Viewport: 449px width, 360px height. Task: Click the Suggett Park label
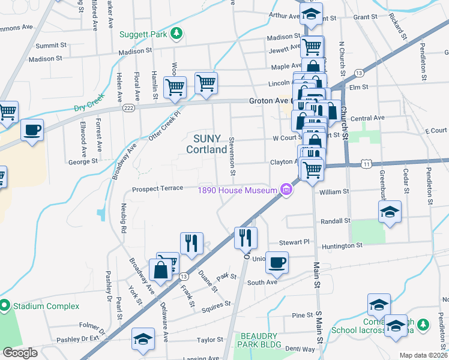(x=143, y=34)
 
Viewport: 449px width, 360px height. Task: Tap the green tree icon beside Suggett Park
(x=176, y=34)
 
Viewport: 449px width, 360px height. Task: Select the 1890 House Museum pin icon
(x=286, y=191)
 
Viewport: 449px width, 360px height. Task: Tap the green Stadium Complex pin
(x=5, y=306)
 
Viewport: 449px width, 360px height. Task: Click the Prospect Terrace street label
(x=157, y=188)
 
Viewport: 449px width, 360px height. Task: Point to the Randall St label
(x=335, y=221)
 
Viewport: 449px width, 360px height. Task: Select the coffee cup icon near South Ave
(x=277, y=262)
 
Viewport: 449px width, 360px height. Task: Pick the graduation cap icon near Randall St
(x=390, y=212)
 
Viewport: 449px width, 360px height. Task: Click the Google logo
(x=20, y=353)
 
